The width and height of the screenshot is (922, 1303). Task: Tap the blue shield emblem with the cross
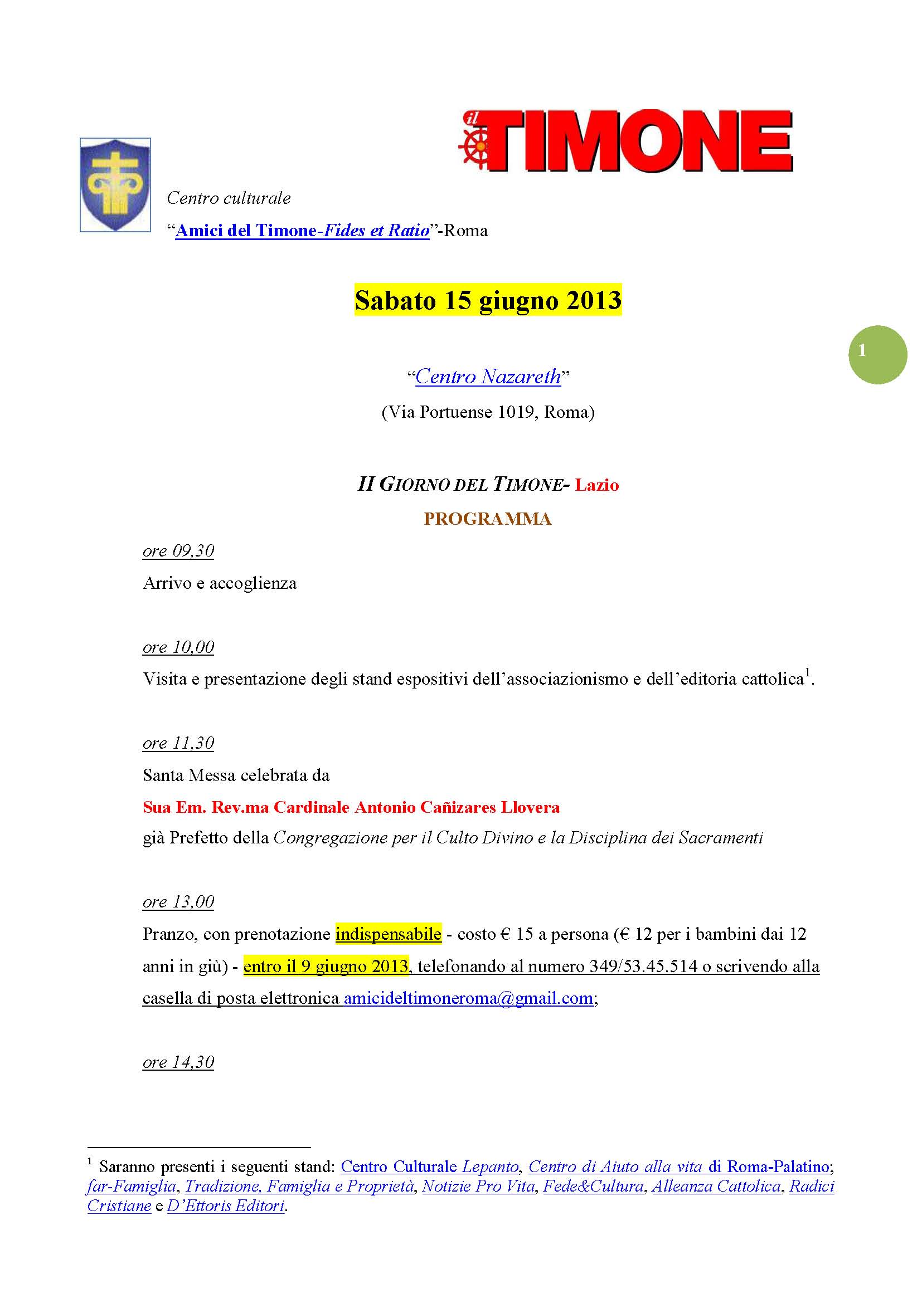(115, 184)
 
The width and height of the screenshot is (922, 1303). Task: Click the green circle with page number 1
(877, 354)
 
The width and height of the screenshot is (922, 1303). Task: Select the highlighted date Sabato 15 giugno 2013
(488, 300)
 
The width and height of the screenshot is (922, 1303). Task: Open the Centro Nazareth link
(488, 377)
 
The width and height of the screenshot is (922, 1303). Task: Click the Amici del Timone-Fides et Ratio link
(302, 231)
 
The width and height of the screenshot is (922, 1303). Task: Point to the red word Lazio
(596, 485)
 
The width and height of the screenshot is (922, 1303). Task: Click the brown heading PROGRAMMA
(487, 519)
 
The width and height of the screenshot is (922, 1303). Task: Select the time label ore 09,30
(178, 551)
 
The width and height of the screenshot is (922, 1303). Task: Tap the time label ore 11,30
(178, 744)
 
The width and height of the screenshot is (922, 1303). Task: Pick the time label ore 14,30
(178, 1062)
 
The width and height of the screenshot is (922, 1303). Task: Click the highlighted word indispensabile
(389, 934)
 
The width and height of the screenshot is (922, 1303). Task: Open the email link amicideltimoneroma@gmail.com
(468, 998)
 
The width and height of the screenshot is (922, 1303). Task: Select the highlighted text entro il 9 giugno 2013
(326, 967)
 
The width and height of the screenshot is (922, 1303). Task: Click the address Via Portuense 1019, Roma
(488, 412)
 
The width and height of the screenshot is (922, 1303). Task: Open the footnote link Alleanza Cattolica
(716, 1186)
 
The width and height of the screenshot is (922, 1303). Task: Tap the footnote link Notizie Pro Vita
(479, 1186)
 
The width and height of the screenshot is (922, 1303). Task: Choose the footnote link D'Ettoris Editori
(226, 1206)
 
